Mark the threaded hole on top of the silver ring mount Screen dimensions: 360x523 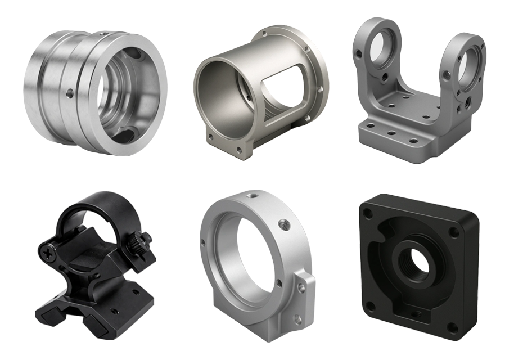point(251,197)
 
